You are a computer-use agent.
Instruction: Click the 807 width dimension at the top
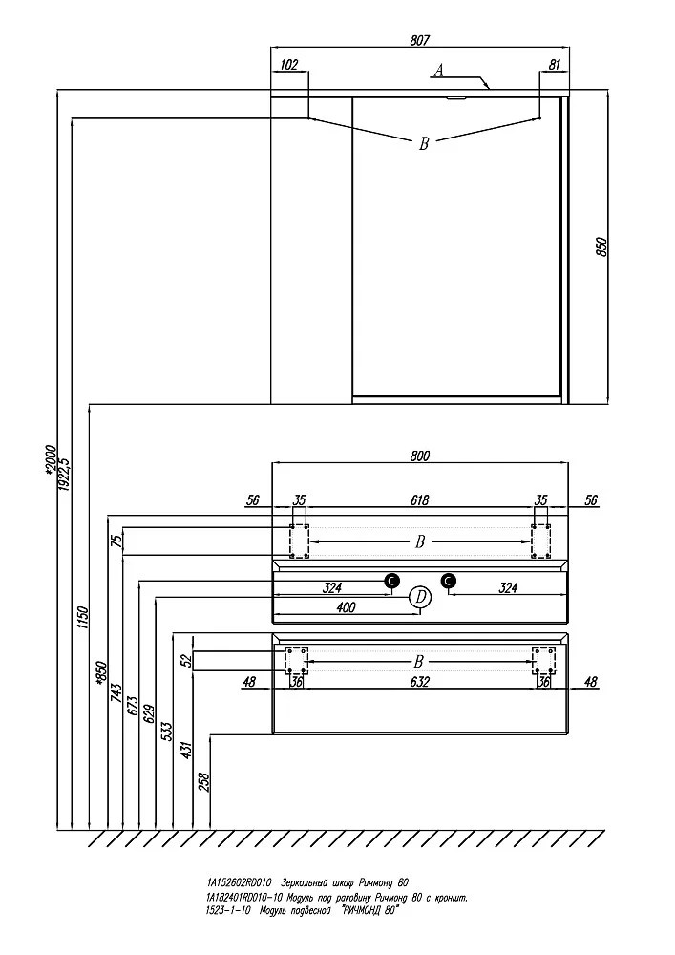[420, 40]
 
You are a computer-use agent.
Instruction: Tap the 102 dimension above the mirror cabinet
[290, 65]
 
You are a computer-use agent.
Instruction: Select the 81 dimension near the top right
[554, 65]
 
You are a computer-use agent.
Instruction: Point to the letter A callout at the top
[438, 70]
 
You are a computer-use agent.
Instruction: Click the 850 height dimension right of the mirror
[601, 246]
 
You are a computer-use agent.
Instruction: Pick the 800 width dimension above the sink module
[420, 456]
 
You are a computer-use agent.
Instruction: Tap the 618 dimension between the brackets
[420, 499]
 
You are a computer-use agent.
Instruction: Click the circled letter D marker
[420, 598]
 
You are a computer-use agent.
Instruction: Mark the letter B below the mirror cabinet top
[424, 144]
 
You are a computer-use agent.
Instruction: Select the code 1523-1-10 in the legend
[226, 910]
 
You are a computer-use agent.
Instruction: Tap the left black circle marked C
[390, 580]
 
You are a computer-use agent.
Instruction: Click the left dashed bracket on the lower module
[297, 660]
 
